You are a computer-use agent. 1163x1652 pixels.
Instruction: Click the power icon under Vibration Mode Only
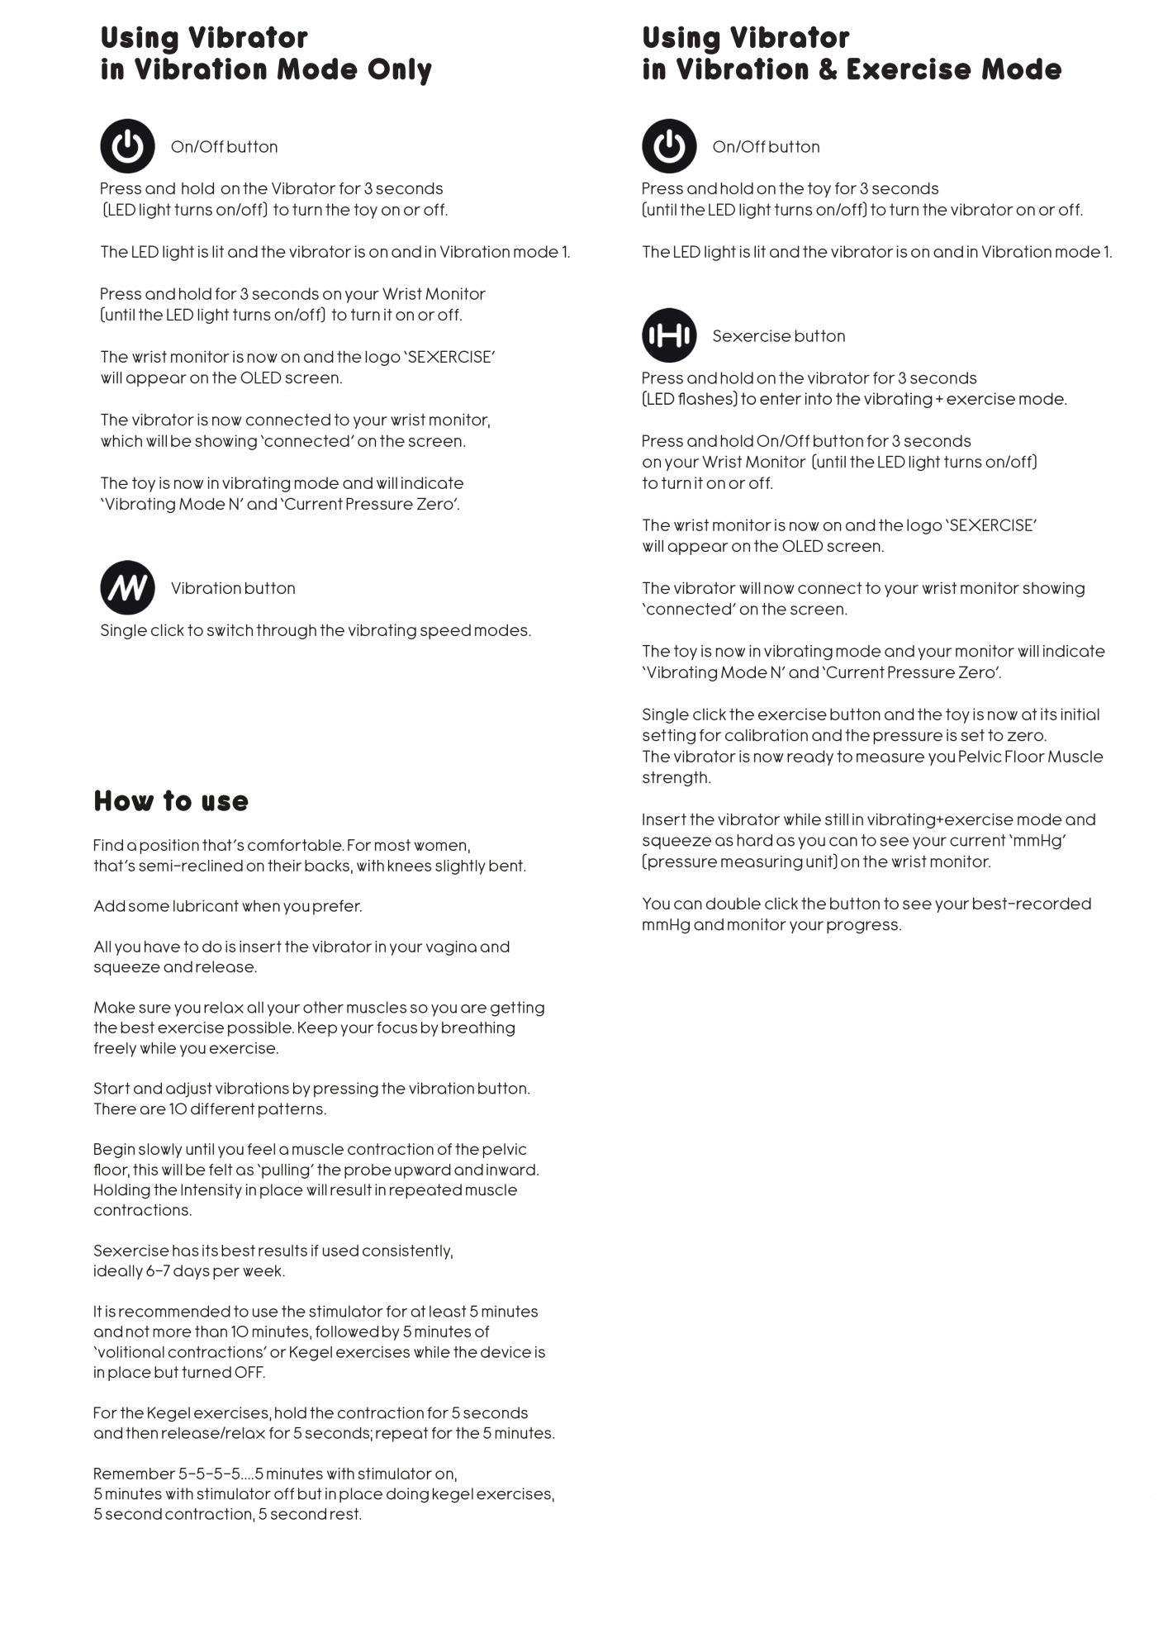(127, 146)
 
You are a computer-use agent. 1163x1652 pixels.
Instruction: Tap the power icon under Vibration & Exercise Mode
(669, 146)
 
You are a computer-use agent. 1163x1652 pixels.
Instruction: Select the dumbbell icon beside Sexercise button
(669, 335)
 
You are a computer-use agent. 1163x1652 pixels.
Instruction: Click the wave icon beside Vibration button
(127, 587)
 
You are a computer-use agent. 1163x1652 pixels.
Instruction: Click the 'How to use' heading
(171, 800)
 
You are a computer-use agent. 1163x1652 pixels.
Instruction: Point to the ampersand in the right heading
(828, 69)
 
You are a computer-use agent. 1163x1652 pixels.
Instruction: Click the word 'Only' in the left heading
(400, 69)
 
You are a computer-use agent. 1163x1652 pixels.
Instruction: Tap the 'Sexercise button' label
(778, 336)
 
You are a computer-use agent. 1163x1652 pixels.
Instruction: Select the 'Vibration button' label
(233, 588)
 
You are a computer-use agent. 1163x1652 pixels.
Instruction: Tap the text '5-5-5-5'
(210, 1474)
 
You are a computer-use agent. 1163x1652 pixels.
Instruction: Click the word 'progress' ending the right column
(866, 924)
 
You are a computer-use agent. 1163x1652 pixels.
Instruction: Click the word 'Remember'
(133, 1474)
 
